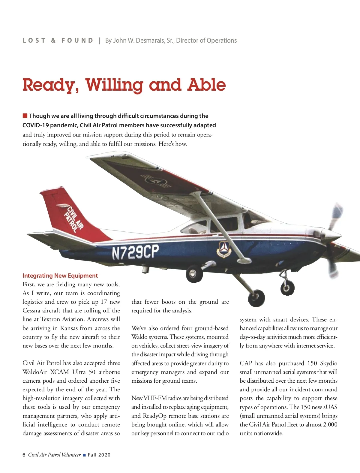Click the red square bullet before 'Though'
pos(25,116)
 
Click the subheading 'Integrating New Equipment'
pos(60,276)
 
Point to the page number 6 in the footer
pos(24,455)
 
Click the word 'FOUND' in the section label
pos(77,41)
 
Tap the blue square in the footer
pos(84,455)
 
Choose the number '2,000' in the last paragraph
pos(330,424)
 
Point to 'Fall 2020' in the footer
pos(99,455)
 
